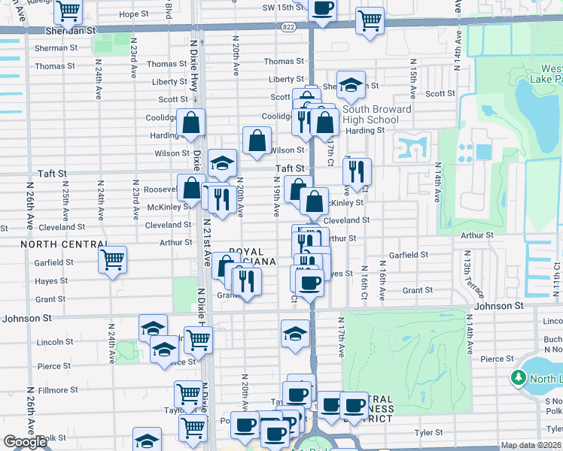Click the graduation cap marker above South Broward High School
(351, 86)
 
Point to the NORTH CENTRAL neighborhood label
(53, 244)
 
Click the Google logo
(25, 442)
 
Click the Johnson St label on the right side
(498, 306)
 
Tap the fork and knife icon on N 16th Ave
(357, 172)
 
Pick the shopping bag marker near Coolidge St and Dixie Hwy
(191, 123)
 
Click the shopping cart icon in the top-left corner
(68, 11)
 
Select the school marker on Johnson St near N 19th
(295, 334)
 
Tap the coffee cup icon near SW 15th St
(322, 9)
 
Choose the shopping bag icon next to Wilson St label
(257, 140)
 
